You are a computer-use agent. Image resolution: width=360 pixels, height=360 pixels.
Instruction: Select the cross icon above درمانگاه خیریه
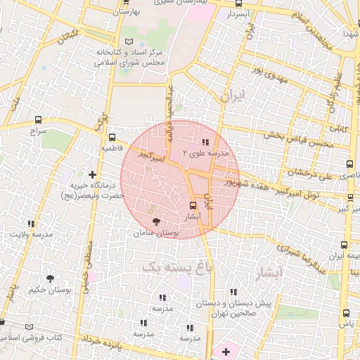tap(92, 174)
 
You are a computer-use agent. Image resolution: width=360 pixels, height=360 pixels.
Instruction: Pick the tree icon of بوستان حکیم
tap(49, 278)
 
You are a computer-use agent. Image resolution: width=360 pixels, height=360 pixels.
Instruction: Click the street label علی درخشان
tap(310, 173)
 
